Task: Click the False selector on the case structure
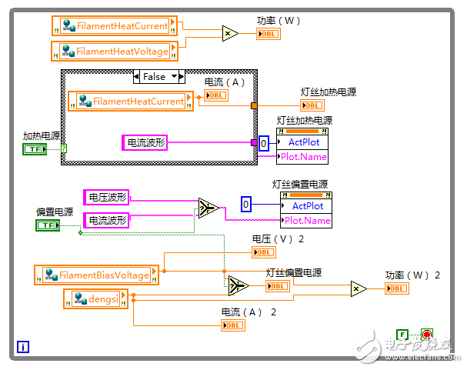click(x=159, y=76)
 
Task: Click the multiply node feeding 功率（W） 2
click(x=359, y=288)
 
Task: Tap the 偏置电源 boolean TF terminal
click(x=48, y=225)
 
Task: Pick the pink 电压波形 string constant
click(x=105, y=197)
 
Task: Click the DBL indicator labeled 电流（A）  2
click(x=233, y=325)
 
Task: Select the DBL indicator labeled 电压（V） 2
click(x=264, y=252)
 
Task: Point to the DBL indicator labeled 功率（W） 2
click(x=398, y=288)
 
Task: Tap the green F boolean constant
click(x=402, y=335)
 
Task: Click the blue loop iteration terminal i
click(x=24, y=347)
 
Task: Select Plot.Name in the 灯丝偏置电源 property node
click(x=307, y=220)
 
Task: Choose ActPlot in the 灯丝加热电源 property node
click(x=304, y=142)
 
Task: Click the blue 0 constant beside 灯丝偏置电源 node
click(x=246, y=205)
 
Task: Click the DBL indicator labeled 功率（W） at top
click(x=269, y=34)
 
